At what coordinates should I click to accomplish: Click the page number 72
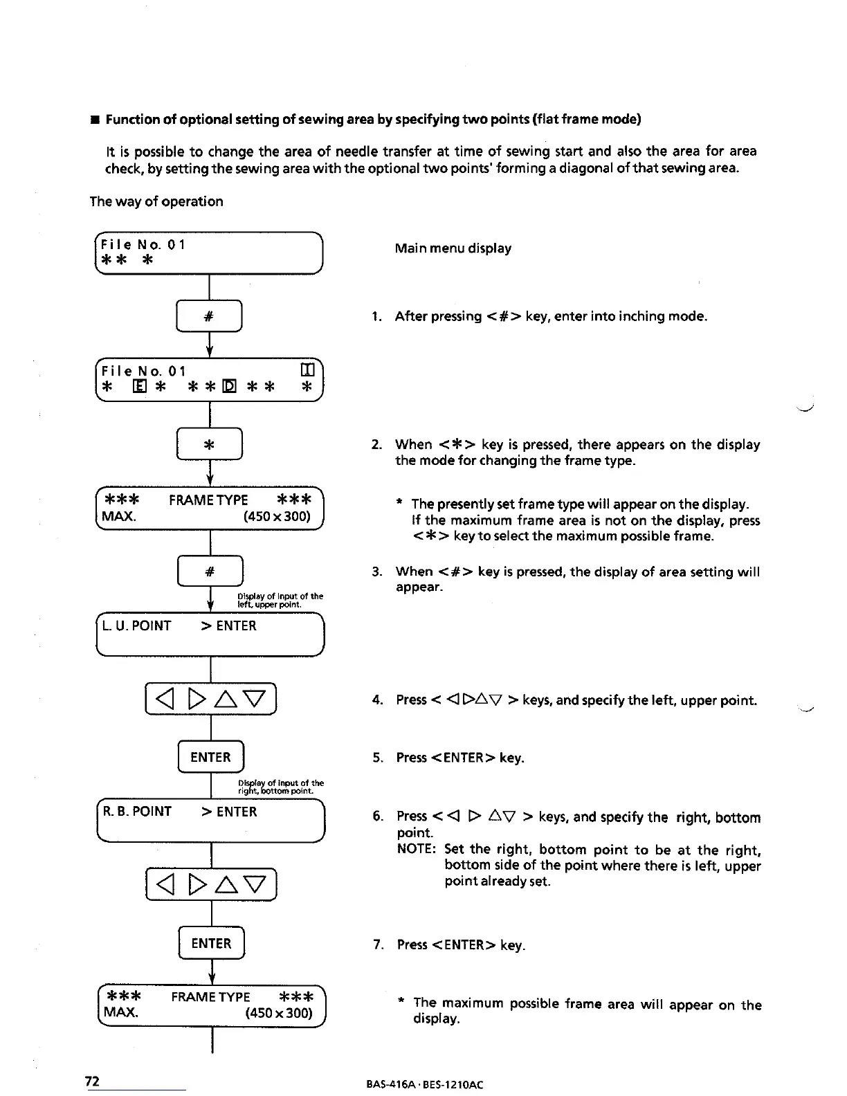tap(92, 1081)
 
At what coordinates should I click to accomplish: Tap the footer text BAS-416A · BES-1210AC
tap(424, 1084)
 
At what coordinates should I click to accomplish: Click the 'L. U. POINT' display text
tap(136, 626)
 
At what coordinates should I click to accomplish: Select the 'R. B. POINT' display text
tap(137, 812)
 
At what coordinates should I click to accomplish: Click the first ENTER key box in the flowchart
tap(210, 757)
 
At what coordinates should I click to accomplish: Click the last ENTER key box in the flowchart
tap(211, 943)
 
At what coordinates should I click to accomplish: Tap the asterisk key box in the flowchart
tap(210, 444)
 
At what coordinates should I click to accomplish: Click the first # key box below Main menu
tap(209, 317)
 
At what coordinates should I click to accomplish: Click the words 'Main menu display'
tap(453, 248)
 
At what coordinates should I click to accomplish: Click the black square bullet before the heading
tap(92, 120)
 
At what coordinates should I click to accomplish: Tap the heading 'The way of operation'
tap(156, 202)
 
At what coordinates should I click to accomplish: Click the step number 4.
tap(377, 700)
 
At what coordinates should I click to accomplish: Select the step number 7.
tap(378, 945)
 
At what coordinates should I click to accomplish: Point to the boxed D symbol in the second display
tap(229, 387)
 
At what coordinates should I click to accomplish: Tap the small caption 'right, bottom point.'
tap(275, 791)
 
